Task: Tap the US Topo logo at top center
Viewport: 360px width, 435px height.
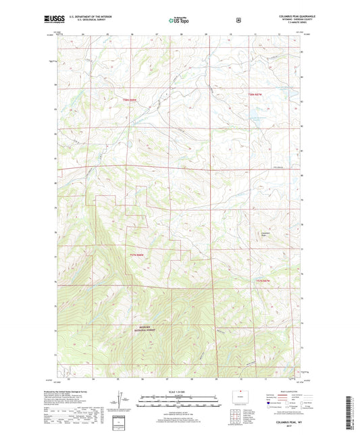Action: point(179,21)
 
